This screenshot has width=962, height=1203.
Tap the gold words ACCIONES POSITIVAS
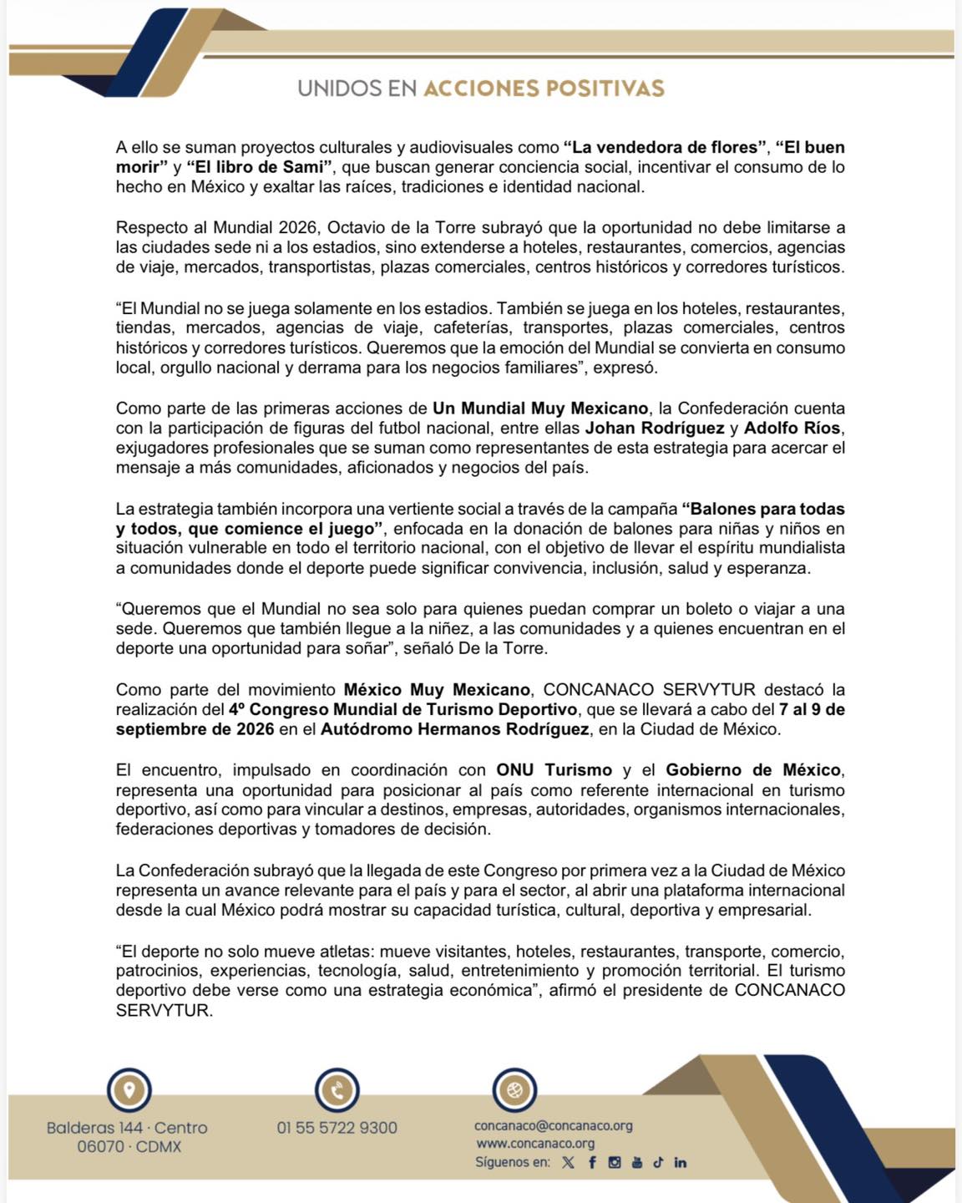[544, 89]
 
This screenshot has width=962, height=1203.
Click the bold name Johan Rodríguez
[655, 429]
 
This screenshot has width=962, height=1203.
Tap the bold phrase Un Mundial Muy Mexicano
[540, 409]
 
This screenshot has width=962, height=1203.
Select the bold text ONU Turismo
[554, 770]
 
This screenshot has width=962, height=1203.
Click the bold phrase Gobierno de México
[752, 770]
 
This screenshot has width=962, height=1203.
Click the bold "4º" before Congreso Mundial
[236, 710]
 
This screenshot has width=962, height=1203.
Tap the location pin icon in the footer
[129, 1090]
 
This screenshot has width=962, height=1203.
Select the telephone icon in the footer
[337, 1090]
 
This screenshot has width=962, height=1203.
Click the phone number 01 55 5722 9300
[337, 1128]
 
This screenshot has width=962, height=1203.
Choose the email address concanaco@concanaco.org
[554, 1125]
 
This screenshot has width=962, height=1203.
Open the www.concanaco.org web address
[535, 1144]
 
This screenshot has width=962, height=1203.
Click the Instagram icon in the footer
[615, 1162]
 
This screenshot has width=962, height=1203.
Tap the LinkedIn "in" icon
[681, 1162]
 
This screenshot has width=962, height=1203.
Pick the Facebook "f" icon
[592, 1162]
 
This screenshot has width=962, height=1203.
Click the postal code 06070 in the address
[100, 1147]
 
